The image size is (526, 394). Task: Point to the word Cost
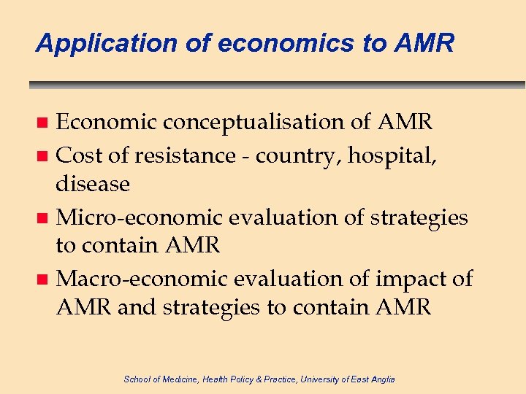79,155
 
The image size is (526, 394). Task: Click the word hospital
402,155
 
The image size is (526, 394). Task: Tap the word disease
93,184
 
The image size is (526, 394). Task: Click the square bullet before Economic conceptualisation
44,123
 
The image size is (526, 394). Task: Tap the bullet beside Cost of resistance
44,155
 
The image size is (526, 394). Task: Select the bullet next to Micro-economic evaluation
44,217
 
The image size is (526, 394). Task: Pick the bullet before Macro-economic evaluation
44,279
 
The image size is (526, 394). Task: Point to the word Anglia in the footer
382,379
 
